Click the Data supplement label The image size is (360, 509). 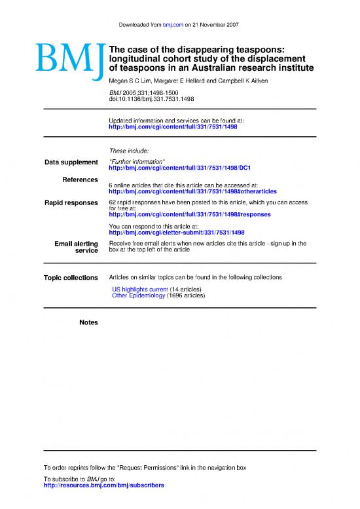coord(71,162)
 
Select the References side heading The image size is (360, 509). coord(80,179)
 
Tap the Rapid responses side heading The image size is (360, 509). coord(71,203)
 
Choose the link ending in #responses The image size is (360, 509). coord(189,215)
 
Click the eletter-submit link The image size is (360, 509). coord(176,232)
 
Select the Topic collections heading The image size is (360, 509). coord(71,278)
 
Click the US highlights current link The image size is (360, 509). coord(140,289)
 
